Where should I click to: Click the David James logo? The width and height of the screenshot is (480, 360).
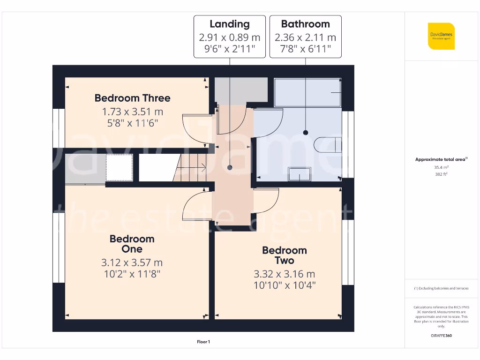(441, 36)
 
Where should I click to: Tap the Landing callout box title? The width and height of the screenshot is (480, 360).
(229, 24)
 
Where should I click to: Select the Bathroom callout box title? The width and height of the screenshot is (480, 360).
(305, 24)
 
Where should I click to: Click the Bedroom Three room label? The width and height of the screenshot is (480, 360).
(132, 98)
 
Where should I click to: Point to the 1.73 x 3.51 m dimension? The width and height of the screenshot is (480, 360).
(132, 112)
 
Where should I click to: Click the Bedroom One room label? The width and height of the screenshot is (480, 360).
(132, 244)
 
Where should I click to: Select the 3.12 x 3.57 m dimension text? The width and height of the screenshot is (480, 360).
(132, 262)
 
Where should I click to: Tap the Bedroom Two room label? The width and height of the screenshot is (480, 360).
(284, 255)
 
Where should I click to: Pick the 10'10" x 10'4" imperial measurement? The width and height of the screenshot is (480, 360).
(284, 285)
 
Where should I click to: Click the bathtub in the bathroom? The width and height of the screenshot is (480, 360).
(307, 92)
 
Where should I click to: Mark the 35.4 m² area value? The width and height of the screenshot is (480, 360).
(440, 167)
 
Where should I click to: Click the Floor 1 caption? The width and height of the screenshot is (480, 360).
(203, 342)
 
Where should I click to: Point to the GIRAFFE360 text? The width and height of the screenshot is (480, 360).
(440, 336)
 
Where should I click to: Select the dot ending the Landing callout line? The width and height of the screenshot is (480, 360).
(230, 167)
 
